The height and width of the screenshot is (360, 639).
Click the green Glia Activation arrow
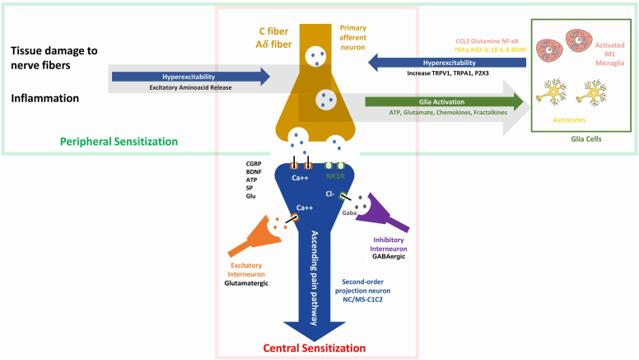click(x=445, y=102)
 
